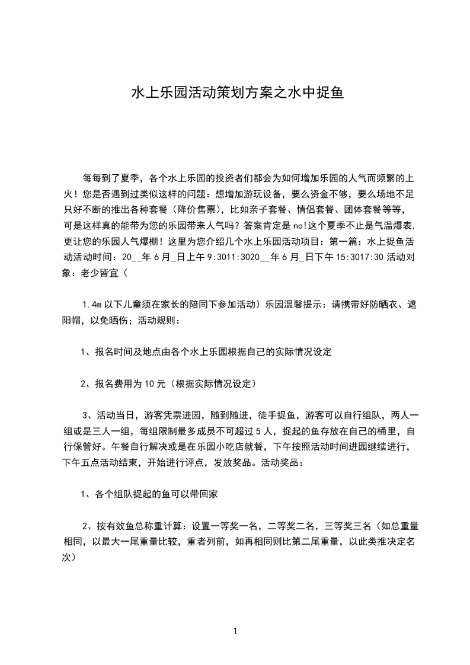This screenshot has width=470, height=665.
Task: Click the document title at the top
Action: coord(236,94)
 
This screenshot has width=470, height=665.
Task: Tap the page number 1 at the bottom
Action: coord(235,631)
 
